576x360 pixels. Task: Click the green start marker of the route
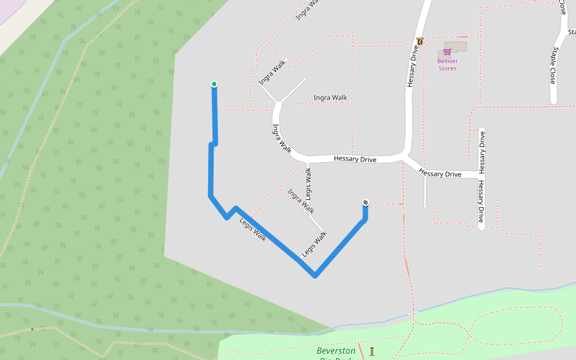[x=214, y=84]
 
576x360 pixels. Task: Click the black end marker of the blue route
[x=365, y=203]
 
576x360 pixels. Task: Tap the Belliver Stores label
[x=447, y=65]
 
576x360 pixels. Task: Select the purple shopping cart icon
[x=447, y=52]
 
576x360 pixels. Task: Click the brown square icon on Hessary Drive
[x=419, y=41]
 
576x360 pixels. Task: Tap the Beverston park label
[x=335, y=351]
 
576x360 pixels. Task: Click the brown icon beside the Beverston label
[x=372, y=351]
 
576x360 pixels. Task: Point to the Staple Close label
[x=553, y=65]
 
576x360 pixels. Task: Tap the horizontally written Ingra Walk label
[x=330, y=98]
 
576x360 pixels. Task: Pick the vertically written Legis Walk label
[x=308, y=184]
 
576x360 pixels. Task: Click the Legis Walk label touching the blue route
[x=253, y=229]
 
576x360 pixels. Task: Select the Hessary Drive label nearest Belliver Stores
[x=413, y=65]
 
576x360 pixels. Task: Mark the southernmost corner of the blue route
[x=314, y=277]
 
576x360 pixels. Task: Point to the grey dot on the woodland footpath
[x=32, y=329]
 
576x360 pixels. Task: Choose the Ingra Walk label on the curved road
[x=281, y=139]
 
